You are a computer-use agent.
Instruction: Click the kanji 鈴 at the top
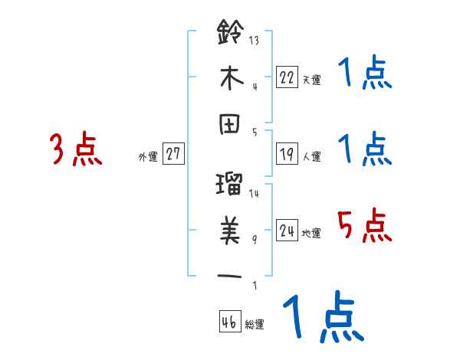click(230, 33)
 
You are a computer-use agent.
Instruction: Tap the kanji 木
click(230, 77)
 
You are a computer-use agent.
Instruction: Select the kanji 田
click(230, 126)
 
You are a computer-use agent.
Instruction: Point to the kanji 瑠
click(230, 184)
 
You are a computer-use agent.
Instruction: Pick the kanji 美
click(230, 227)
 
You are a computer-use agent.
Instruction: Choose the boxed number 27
click(174, 155)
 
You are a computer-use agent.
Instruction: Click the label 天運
click(311, 80)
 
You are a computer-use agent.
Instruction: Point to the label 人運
click(311, 157)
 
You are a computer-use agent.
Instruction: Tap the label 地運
click(311, 234)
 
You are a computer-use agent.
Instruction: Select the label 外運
click(147, 157)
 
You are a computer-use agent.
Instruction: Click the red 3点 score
click(75, 149)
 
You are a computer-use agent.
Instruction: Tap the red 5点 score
click(365, 227)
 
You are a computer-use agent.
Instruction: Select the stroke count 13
click(255, 41)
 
